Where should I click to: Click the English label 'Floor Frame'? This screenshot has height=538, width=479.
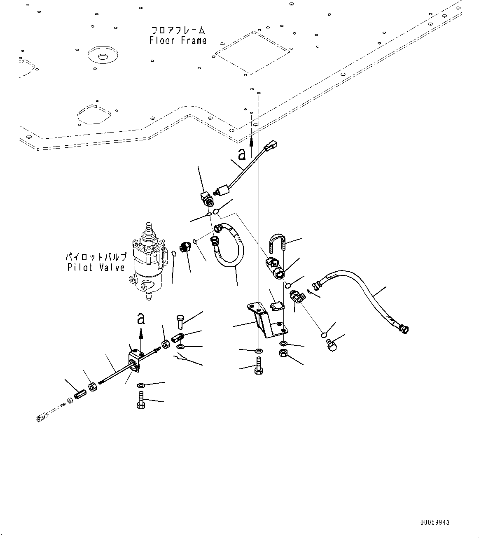tap(178, 41)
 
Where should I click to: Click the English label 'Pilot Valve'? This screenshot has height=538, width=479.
tap(96, 267)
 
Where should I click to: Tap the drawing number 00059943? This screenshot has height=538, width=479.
tap(435, 523)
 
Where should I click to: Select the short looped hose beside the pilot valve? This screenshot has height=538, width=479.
tap(229, 245)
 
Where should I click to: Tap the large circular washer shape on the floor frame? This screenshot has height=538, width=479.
tap(103, 56)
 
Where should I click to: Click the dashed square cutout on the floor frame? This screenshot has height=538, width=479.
tap(252, 53)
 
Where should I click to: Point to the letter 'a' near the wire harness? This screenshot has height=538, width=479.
tap(241, 154)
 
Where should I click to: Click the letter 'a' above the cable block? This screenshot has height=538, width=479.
tap(141, 318)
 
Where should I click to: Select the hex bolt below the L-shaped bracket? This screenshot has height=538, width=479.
tap(259, 366)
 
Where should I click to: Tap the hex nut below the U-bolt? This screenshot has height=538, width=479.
tap(283, 353)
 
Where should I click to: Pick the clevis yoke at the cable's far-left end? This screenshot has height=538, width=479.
tap(40, 419)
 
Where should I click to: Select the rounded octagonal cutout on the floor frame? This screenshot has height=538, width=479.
tap(94, 114)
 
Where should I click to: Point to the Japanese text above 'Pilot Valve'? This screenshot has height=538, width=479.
tap(96, 256)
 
